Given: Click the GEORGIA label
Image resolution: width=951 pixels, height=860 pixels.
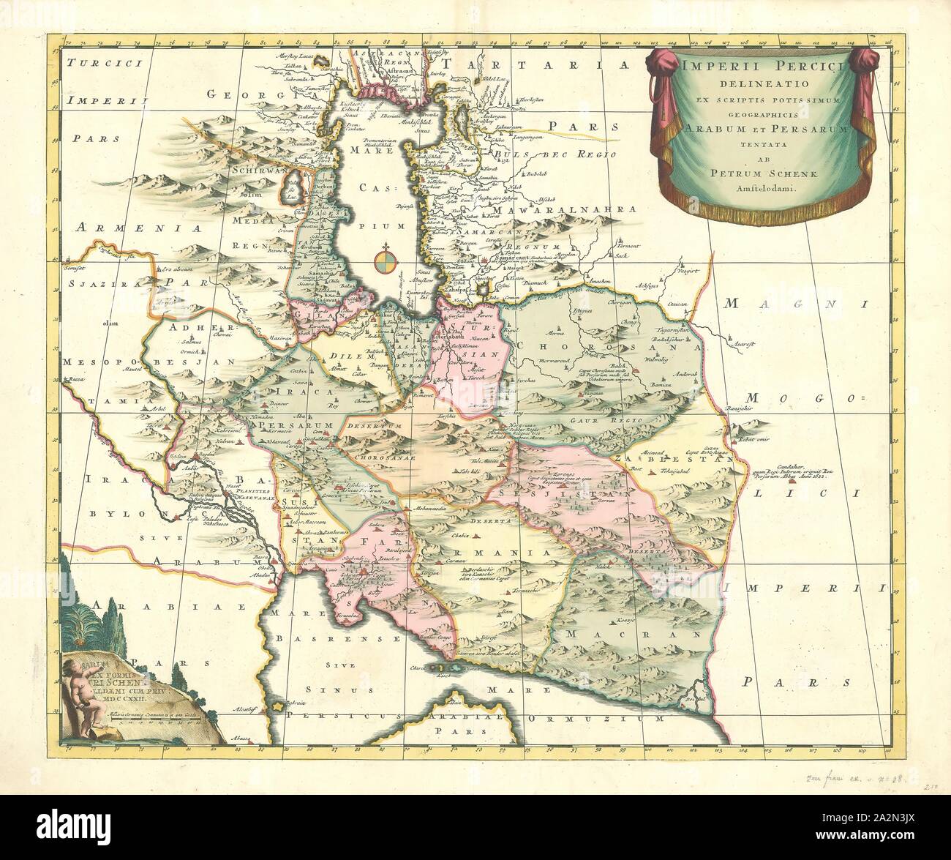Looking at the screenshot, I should (233, 96).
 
